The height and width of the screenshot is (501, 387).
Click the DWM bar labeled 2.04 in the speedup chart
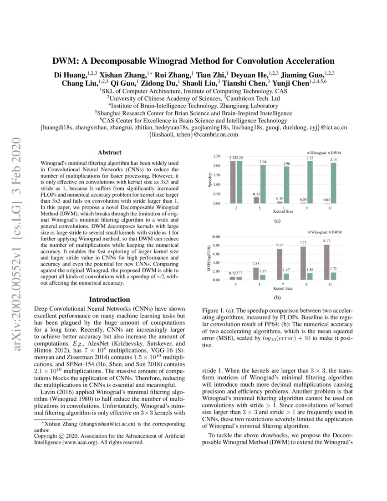(263, 184)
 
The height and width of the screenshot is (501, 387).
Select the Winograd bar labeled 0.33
(256, 200)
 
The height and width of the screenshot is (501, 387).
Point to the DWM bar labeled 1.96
(286, 185)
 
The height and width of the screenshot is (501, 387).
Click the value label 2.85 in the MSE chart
(256, 264)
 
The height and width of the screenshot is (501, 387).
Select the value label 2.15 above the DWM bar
(334, 160)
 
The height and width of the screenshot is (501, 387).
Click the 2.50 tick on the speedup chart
(217, 156)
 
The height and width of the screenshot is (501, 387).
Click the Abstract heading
(109, 153)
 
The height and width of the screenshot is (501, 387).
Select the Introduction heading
(109, 300)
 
